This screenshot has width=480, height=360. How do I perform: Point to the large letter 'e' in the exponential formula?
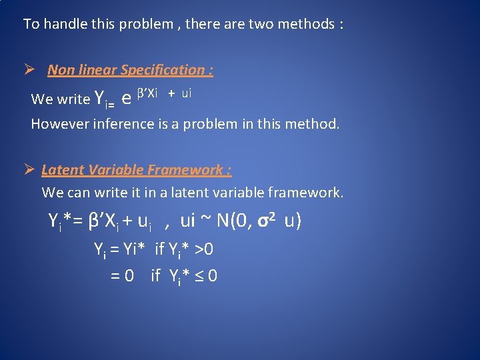(x=126, y=99)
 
